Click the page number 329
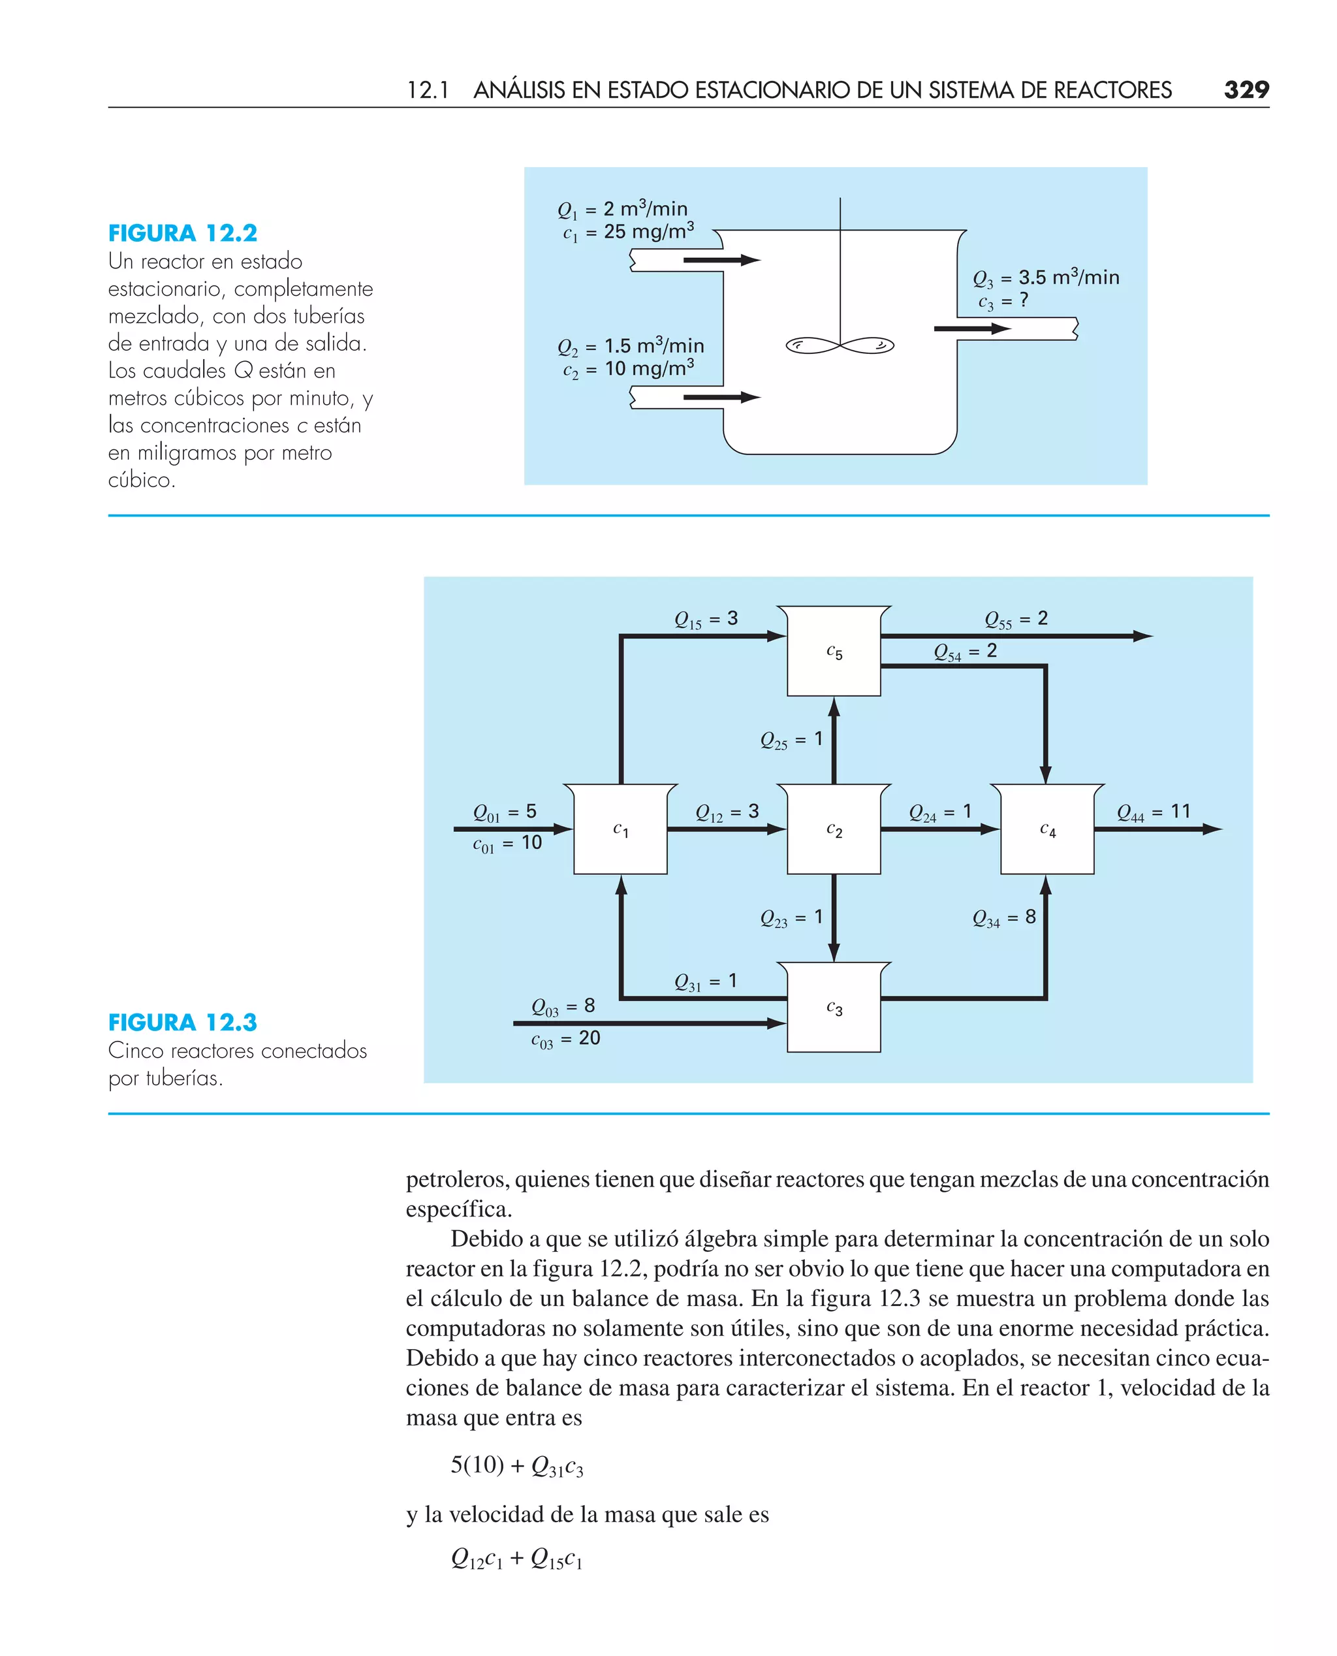click(1246, 90)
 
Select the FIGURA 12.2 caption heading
click(183, 232)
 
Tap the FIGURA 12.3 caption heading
click(183, 1022)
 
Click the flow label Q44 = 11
click(1153, 812)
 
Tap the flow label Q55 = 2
click(1016, 619)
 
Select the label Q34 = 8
click(1003, 917)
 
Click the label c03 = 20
click(565, 1039)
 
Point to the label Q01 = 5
click(505, 812)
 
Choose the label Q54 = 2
click(965, 652)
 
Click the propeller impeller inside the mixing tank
click(840, 345)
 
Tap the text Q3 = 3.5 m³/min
click(1045, 278)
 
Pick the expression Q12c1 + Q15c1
click(517, 1558)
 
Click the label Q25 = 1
click(791, 739)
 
